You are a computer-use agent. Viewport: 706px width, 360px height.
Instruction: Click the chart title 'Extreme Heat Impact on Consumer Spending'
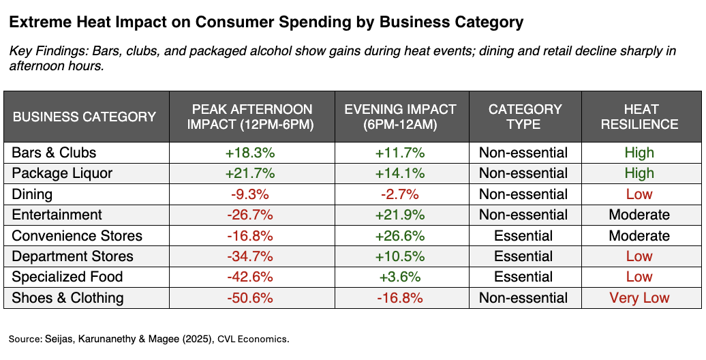coord(266,22)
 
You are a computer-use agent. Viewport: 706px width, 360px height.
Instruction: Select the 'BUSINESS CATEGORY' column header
coord(85,117)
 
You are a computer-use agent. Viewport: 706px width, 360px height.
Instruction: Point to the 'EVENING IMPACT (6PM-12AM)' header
coord(400,117)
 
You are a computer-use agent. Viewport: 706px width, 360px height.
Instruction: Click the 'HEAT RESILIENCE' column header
coord(641,117)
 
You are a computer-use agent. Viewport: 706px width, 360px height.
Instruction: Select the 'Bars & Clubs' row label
coord(55,153)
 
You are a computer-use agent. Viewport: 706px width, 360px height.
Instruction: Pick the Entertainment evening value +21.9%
coord(400,215)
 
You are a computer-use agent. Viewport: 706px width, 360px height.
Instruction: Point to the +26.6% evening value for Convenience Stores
coord(400,236)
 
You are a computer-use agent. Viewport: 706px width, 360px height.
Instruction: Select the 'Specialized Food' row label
coord(67,277)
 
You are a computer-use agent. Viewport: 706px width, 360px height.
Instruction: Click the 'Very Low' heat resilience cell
coord(640,298)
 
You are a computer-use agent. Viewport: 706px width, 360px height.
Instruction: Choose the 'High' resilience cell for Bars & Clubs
coord(639,153)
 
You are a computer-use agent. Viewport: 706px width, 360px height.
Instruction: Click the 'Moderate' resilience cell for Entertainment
coord(639,215)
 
